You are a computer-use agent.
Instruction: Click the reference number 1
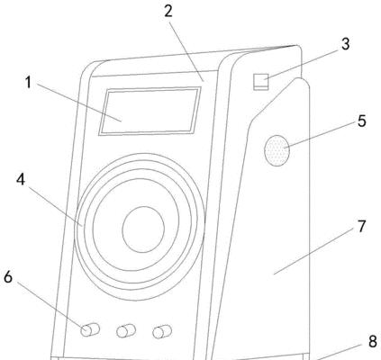coord(28,82)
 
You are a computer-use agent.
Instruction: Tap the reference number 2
coord(168,11)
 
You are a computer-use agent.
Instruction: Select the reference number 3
coord(346,44)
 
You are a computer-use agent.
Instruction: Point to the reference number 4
coord(21,180)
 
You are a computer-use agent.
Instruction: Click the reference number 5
coord(362,121)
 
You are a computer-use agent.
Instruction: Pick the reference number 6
coord(8,276)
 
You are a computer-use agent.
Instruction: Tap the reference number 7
coord(362,227)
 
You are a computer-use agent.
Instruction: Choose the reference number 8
coord(373,341)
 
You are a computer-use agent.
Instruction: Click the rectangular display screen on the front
coord(150,111)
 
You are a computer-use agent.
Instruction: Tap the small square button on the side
coord(260,82)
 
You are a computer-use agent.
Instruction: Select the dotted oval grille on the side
coord(277,150)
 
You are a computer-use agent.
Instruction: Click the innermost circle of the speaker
coord(143,229)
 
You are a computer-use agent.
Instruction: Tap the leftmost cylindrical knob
coord(90,329)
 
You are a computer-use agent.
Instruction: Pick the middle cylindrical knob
coord(126,331)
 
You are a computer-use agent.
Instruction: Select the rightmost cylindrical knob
coord(162,332)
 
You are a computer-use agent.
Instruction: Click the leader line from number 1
coord(79,102)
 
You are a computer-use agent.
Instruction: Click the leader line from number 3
coord(300,65)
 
